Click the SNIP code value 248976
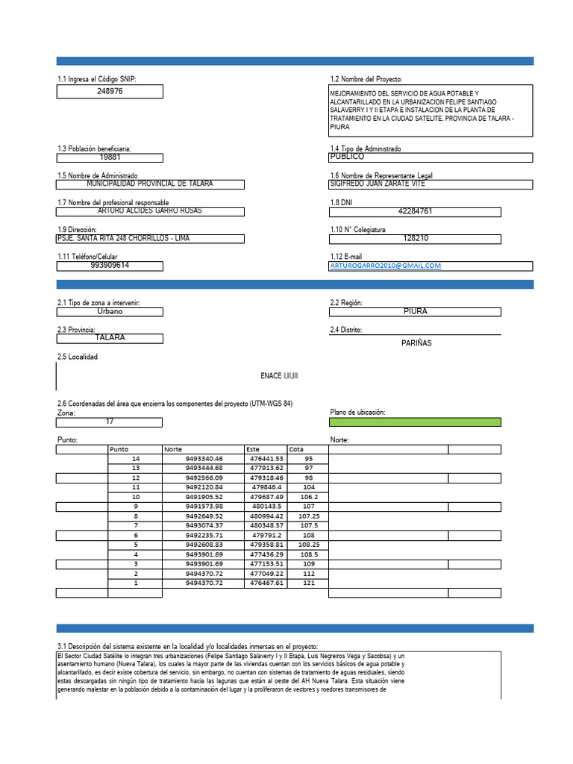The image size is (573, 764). click(x=110, y=91)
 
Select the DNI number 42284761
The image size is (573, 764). click(x=416, y=211)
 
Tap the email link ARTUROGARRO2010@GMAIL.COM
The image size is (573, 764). click(x=385, y=266)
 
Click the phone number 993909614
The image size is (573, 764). click(x=110, y=265)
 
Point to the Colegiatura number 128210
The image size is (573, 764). click(x=416, y=239)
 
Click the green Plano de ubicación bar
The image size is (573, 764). click(x=416, y=422)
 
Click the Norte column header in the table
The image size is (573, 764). click(x=173, y=449)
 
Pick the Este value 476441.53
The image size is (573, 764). click(x=266, y=459)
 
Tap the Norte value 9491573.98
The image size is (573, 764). click(x=204, y=507)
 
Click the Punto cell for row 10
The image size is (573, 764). click(x=136, y=497)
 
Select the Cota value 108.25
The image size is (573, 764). click(x=308, y=545)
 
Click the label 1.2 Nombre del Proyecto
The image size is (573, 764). click(x=366, y=79)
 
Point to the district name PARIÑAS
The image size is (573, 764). click(x=416, y=343)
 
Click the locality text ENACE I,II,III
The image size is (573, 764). click(x=279, y=376)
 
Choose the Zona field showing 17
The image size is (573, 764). click(x=110, y=422)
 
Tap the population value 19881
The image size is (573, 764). click(x=110, y=157)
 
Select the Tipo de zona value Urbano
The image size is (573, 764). click(x=110, y=311)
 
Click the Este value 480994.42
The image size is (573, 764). click(x=266, y=516)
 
